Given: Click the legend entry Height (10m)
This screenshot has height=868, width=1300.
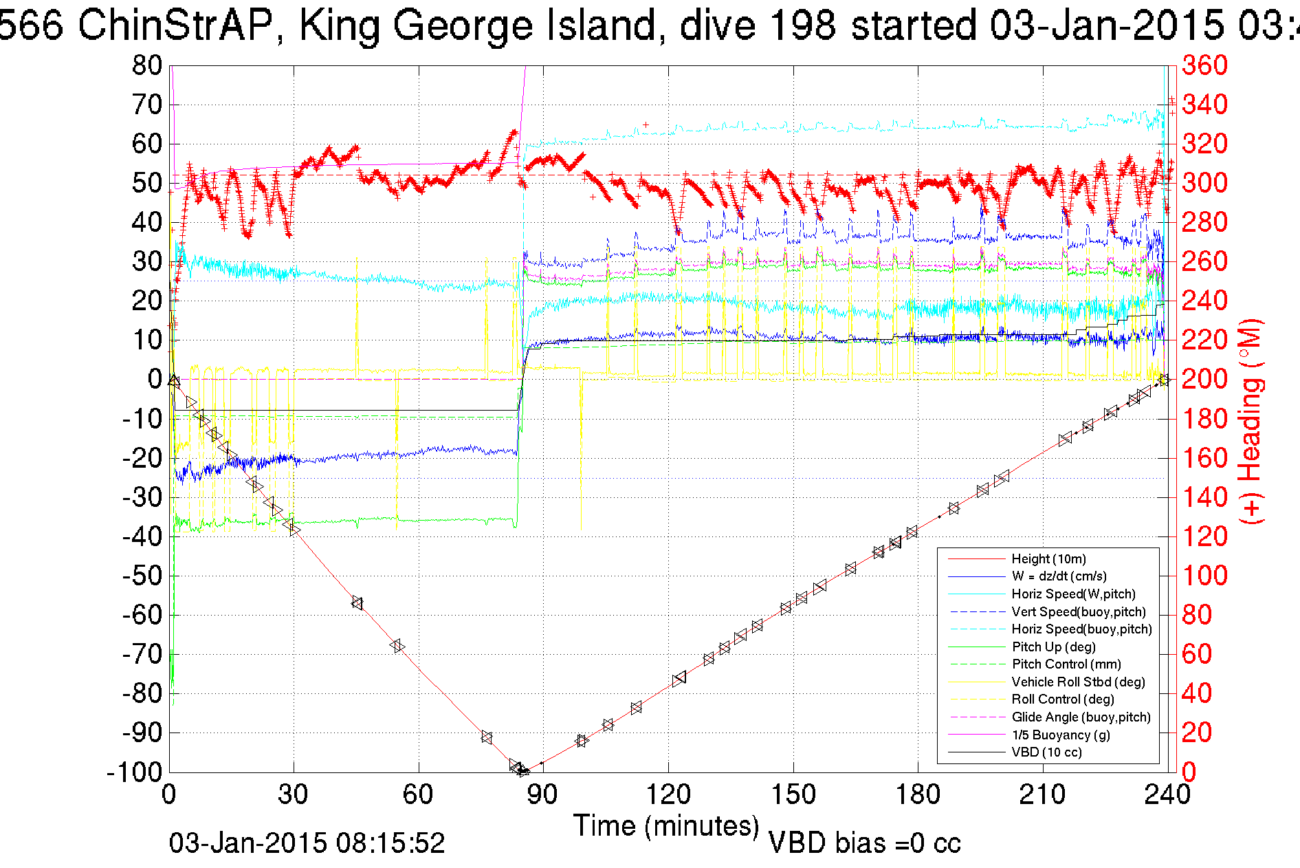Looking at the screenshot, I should pos(1048,558).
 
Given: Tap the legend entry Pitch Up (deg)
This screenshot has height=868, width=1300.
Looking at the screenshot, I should pos(1053,647).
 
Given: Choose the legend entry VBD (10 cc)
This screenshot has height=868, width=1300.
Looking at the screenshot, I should pos(1046,752).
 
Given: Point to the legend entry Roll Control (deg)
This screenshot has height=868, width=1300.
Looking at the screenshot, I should pos(1063,699).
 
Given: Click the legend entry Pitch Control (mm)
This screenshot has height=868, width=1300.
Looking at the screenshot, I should pos(1066,664).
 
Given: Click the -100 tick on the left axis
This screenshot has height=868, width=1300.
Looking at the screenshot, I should pos(135,772).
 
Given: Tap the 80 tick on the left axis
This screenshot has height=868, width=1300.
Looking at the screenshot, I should pos(147,66).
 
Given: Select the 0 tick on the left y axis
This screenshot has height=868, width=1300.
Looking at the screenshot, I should pos(155,379).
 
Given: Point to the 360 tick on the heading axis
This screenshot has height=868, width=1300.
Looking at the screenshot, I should pos(1204,66).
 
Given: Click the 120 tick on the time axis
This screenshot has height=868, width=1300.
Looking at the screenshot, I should pos(668,794).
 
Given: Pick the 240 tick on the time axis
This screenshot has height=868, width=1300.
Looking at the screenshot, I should pos(1167,794).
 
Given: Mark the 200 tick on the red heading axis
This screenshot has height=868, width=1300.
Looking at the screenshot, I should pos(1204,379).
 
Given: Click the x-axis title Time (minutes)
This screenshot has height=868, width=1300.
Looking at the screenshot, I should pos(666,825).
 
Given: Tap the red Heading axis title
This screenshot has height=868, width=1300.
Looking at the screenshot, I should pos(1251,421).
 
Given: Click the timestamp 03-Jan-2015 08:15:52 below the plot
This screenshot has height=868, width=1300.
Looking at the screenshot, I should pos(307,843).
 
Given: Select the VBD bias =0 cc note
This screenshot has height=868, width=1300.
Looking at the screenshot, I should pos(864,843).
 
